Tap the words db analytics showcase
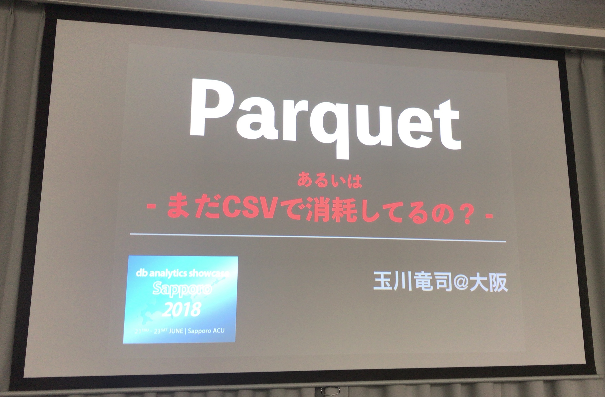[182, 273]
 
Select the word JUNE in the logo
[176, 331]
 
